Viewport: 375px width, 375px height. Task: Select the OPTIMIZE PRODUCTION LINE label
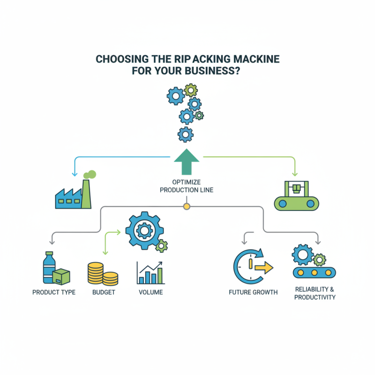click(x=187, y=185)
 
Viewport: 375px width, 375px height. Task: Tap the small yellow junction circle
click(x=187, y=206)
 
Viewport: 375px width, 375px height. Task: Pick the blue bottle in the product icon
click(x=49, y=267)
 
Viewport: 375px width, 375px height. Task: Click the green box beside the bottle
click(x=61, y=277)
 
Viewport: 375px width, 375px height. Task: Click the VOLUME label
click(x=150, y=292)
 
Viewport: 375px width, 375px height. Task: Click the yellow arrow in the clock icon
click(x=263, y=268)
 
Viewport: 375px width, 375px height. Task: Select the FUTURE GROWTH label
click(x=253, y=292)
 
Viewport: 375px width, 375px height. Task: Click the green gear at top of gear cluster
click(x=190, y=90)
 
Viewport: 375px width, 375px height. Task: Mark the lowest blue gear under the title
click(x=186, y=134)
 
